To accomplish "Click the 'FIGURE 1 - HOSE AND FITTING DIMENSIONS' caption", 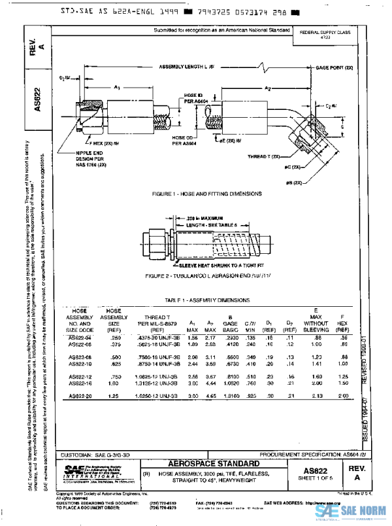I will tap(206, 194).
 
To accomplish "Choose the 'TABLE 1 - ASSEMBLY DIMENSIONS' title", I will tap(207, 300).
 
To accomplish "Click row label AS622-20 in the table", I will tap(80, 396).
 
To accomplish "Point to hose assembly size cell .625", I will tap(114, 363).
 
